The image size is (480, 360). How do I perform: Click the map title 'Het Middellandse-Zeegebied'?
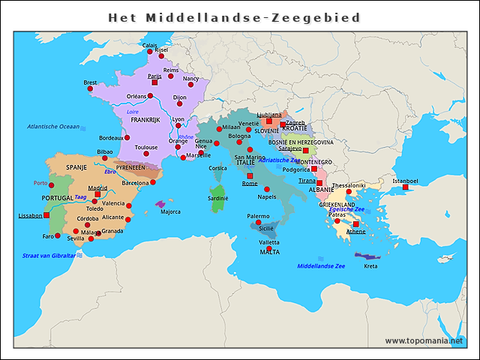click(x=234, y=17)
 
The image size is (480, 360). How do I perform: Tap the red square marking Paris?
click(x=154, y=82)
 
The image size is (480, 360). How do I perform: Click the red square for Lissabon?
click(x=46, y=215)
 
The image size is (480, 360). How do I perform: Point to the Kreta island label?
click(x=370, y=266)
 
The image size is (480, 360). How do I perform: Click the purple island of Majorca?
click(x=160, y=204)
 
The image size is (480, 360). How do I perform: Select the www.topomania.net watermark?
click(x=429, y=341)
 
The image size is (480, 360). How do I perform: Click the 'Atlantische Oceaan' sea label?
click(x=52, y=127)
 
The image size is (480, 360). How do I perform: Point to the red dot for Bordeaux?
click(x=127, y=138)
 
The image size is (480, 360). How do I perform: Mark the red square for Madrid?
click(x=97, y=194)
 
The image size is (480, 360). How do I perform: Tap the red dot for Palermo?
click(x=258, y=223)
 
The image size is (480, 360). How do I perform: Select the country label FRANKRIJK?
click(x=145, y=120)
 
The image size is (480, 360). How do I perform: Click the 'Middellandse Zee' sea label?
click(x=321, y=266)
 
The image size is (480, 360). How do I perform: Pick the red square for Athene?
click(x=355, y=224)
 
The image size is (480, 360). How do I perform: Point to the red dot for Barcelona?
click(x=153, y=182)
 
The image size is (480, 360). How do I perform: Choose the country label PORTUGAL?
click(x=57, y=198)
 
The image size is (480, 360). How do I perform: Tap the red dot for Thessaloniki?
click(x=349, y=191)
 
